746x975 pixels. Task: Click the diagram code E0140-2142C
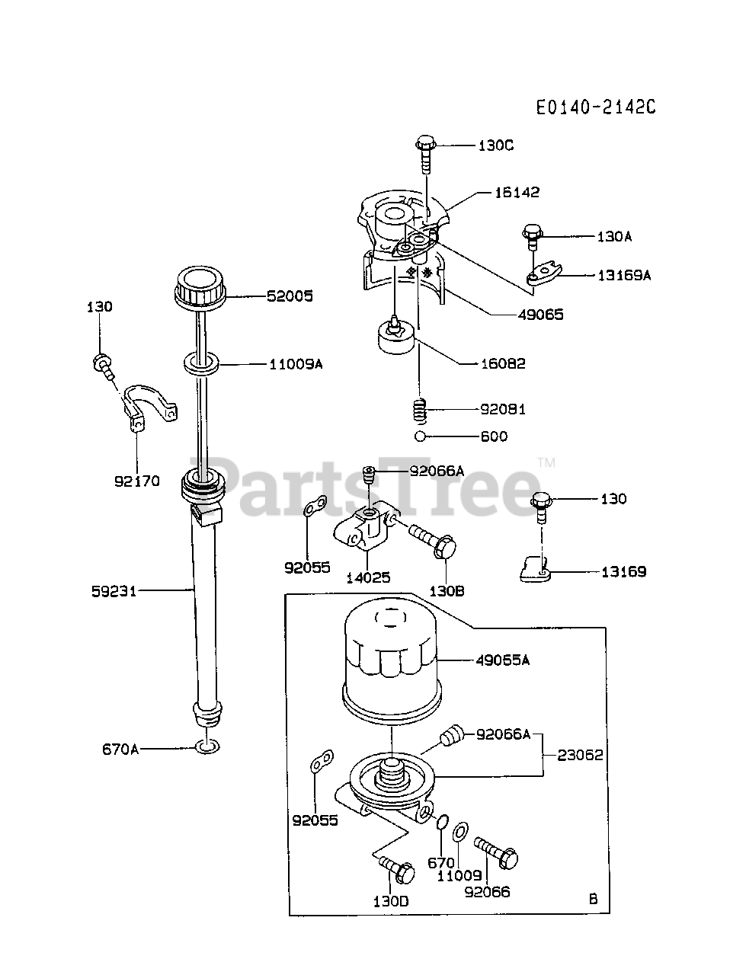[595, 107]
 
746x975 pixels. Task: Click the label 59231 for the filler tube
[114, 590]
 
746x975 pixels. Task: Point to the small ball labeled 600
[419, 437]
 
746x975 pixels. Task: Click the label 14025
[368, 577]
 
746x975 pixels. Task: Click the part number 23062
[580, 755]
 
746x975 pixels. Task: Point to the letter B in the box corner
[593, 900]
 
